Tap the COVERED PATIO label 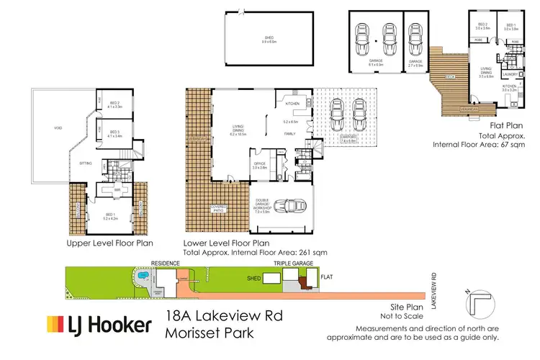tap(219, 210)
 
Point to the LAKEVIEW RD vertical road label tap(434, 287)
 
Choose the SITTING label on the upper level tap(84, 163)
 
